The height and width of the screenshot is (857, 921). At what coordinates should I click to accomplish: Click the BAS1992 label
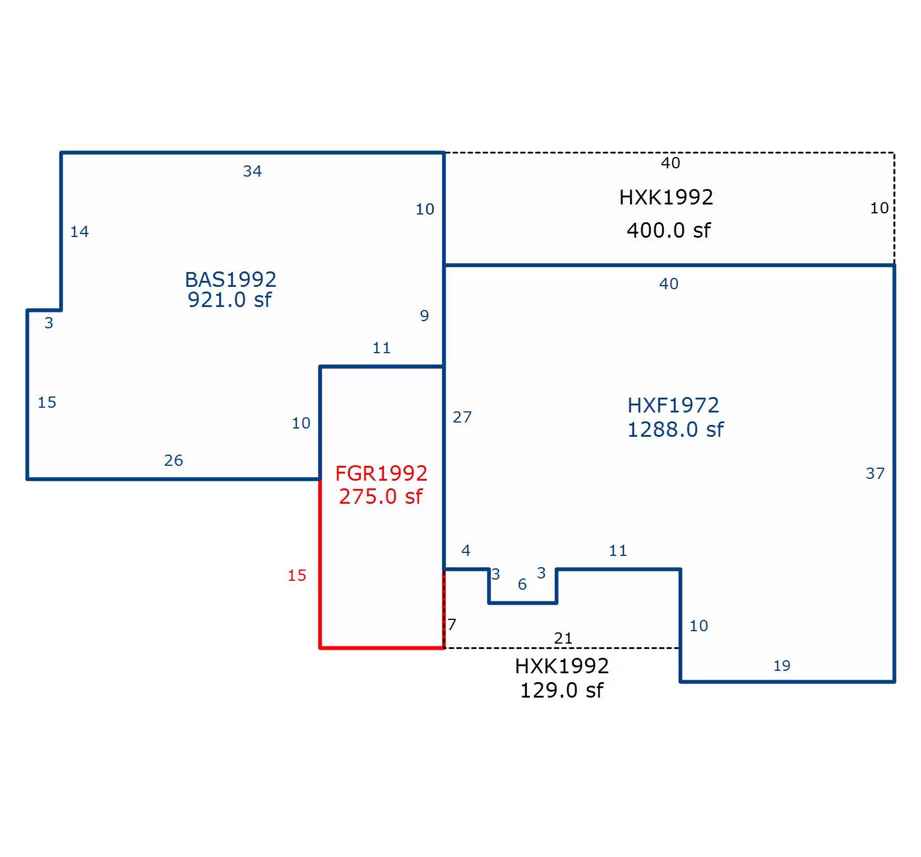(231, 279)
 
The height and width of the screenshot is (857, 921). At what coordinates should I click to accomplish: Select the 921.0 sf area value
(229, 300)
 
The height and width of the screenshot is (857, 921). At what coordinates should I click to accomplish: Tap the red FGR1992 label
(381, 473)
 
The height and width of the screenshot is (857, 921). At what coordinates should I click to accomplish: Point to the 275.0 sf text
(380, 496)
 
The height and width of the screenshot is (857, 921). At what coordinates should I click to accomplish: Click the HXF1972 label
(673, 405)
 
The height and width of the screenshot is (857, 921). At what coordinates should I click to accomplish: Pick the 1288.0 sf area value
(675, 429)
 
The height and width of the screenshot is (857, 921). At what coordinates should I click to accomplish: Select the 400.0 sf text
(669, 230)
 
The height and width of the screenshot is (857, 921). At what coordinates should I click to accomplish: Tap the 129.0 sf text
(561, 690)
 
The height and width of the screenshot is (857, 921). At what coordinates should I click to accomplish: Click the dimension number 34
(252, 171)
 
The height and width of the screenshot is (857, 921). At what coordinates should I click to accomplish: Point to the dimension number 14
(79, 232)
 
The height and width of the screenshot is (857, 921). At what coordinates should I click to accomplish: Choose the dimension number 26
(174, 461)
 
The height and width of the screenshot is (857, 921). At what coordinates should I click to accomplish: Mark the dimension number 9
(424, 316)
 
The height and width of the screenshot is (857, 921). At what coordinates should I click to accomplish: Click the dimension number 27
(462, 417)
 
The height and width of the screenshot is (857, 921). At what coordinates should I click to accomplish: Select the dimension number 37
(875, 474)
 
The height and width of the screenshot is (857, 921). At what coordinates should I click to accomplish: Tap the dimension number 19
(782, 666)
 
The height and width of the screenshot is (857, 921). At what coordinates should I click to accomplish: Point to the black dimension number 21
(563, 638)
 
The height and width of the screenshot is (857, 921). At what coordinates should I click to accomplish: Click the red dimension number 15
(297, 575)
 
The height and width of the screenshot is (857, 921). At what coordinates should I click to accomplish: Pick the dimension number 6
(522, 584)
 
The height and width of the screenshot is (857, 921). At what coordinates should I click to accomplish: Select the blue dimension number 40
(669, 284)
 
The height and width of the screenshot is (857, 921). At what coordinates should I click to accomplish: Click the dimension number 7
(452, 625)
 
